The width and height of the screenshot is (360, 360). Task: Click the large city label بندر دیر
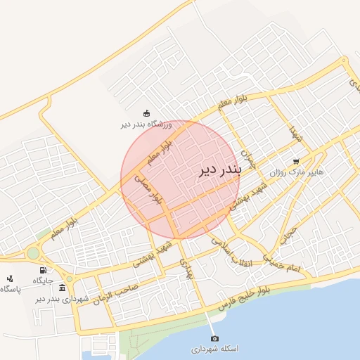[219, 169]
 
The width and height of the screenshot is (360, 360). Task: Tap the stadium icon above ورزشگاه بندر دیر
[146, 113]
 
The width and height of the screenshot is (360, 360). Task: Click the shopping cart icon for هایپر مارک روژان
[296, 160]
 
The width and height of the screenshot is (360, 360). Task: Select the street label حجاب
[288, 234]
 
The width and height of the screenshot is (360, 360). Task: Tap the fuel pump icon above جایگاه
[43, 270]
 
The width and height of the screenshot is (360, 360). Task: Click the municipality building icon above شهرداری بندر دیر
[63, 288]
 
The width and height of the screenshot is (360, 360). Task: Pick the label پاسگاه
[11, 289]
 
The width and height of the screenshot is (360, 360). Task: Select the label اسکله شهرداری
[215, 349]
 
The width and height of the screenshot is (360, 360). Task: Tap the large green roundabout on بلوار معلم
[33, 253]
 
